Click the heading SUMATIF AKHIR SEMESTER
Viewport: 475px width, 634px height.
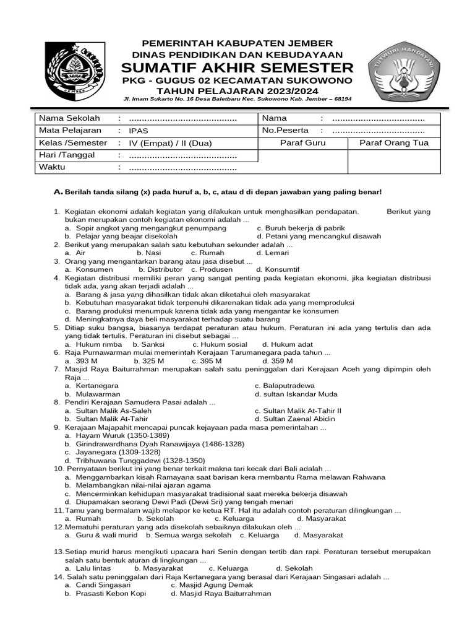237,67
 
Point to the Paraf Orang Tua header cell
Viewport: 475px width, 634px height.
394,143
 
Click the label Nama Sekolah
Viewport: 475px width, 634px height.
65,118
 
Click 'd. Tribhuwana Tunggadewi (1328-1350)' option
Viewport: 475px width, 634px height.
134,461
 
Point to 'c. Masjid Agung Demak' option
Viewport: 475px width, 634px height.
212,584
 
